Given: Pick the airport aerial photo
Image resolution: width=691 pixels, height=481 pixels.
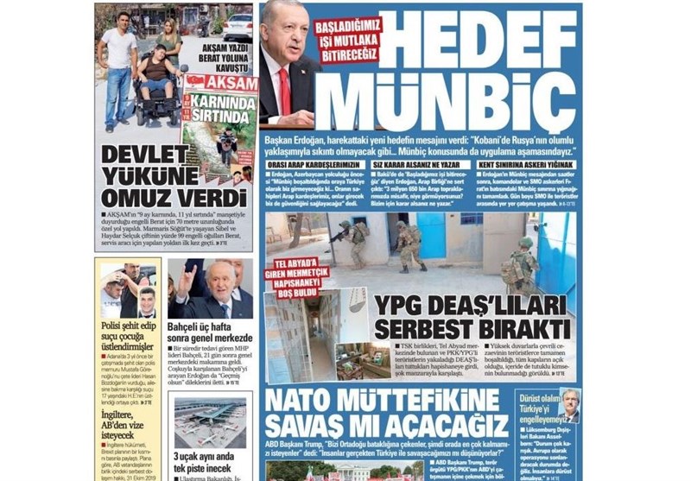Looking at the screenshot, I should (x=210, y=421).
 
